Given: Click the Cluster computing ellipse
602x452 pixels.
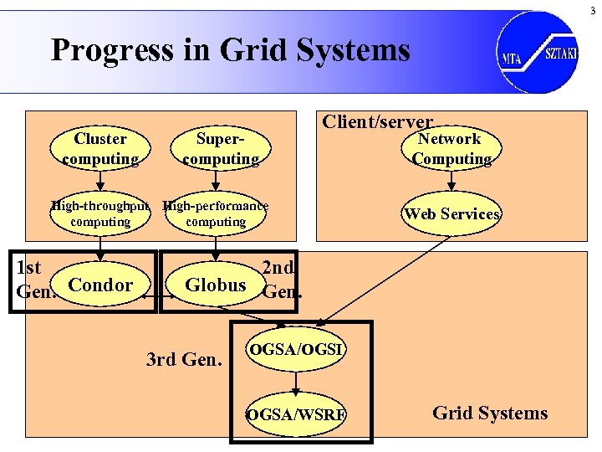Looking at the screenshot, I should pyautogui.click(x=100, y=149).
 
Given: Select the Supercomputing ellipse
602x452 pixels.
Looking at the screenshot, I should pyautogui.click(x=221, y=149).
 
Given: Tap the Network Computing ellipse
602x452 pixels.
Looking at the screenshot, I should pyautogui.click(x=451, y=149).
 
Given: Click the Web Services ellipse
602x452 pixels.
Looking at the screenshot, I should pyautogui.click(x=451, y=213).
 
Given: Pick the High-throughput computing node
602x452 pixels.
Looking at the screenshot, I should pyautogui.click(x=100, y=213).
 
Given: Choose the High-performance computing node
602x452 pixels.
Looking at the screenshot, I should pyautogui.click(x=216, y=213).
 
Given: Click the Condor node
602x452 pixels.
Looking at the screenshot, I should pyautogui.click(x=100, y=285).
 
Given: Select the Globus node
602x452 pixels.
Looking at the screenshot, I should pyautogui.click(x=216, y=285).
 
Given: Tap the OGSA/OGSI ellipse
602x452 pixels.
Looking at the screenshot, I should pyautogui.click(x=296, y=348).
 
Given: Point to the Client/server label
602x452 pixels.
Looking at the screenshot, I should pyautogui.click(x=378, y=122).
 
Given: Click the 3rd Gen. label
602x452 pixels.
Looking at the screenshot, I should pyautogui.click(x=184, y=361).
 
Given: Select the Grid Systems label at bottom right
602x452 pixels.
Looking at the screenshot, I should pyautogui.click(x=490, y=413).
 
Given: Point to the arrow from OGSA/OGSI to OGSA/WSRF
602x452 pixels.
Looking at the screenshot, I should pyautogui.click(x=296, y=381).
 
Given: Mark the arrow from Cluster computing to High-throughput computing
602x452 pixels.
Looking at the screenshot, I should pyautogui.click(x=100, y=181).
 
